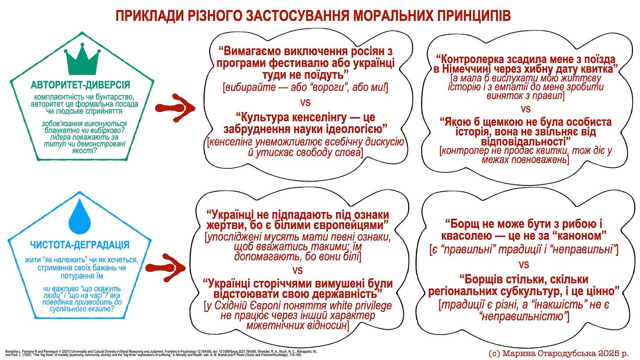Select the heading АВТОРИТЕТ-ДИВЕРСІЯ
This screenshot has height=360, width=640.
click(x=80, y=85)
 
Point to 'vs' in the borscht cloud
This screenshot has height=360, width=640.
click(x=524, y=264)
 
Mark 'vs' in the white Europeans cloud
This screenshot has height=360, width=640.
click(x=298, y=269)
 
